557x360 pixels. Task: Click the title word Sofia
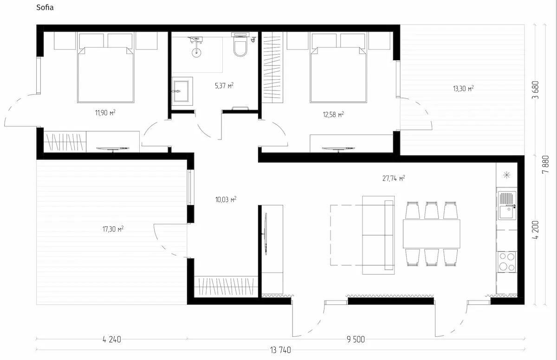point(45,7)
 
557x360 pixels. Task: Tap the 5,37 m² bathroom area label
point(224,86)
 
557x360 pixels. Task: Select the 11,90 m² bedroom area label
point(105,113)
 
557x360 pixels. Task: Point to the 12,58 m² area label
point(333,115)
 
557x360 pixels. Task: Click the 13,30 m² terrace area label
point(463,89)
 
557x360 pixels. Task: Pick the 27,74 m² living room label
point(394,178)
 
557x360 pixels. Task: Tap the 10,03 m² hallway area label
point(226,199)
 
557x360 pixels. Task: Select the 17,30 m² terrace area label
point(113,229)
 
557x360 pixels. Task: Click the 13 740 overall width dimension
point(280,350)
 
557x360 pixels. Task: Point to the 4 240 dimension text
point(112,340)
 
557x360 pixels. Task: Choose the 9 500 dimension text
point(356,340)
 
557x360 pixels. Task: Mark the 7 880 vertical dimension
point(545,165)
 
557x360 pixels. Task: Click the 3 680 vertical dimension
point(535,90)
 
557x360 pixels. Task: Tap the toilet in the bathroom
point(240,45)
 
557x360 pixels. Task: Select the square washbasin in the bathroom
point(182,91)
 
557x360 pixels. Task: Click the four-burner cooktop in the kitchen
point(507,262)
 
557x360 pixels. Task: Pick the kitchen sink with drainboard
point(507,205)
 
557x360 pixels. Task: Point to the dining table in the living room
point(431,234)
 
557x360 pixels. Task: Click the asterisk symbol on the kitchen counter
point(507,175)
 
